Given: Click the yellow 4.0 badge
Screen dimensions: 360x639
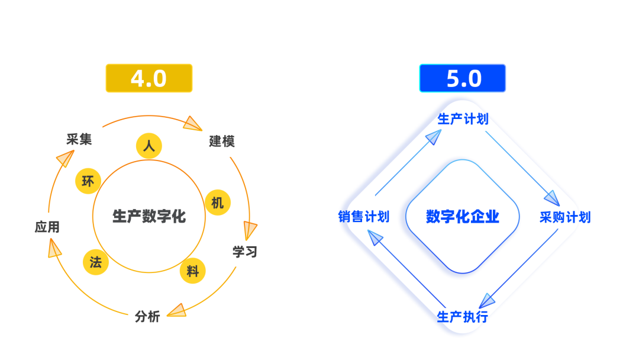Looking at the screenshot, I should pos(149,78).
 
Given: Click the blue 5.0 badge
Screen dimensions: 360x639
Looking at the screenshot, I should pos(463,78).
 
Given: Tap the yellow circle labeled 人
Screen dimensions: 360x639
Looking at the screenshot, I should pos(149,146).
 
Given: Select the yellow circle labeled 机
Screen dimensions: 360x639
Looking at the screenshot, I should pos(217,202).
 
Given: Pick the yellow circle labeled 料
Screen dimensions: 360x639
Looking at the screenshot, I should pos(193,271).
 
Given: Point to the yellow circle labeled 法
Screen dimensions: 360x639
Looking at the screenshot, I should pos(96,262).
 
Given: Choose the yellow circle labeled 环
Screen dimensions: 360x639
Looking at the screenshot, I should pos(88,181).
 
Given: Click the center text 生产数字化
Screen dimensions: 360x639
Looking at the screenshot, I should pos(149,216).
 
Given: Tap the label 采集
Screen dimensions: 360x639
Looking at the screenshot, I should pos(79,139).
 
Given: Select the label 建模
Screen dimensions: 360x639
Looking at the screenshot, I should pos(222,142).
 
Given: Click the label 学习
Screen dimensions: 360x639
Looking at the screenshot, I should pos(245,252).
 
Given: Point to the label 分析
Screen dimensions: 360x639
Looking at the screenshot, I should pos(147,317).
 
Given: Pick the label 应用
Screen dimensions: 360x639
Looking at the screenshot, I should pos(47,227).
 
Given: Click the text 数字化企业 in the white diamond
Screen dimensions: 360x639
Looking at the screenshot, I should pos(463,217).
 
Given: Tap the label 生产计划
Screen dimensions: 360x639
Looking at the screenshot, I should pos(463,119).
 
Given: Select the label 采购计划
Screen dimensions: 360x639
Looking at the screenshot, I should pos(564,217).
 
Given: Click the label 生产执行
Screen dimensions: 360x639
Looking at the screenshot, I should pos(463,316).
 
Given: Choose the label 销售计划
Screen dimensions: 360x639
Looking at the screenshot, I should pos(364,217).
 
